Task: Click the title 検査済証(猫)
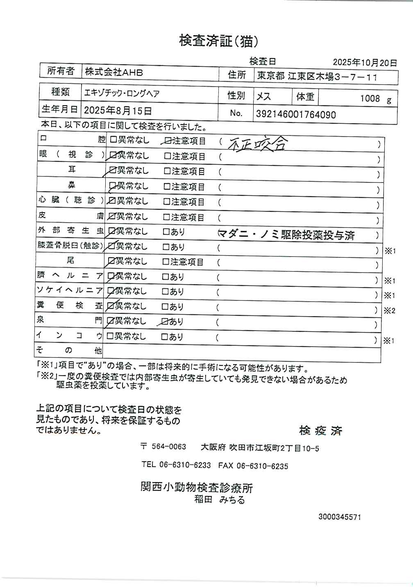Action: pyautogui.click(x=218, y=41)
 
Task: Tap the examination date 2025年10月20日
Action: pyautogui.click(x=365, y=63)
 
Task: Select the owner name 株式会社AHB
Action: pyautogui.click(x=114, y=73)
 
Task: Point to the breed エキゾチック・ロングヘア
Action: pyautogui.click(x=122, y=93)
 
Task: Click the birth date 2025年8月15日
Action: pyautogui.click(x=118, y=111)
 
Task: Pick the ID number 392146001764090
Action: pyautogui.click(x=296, y=115)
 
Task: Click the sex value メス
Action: pyautogui.click(x=263, y=97)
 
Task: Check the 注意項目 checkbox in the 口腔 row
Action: pyautogui.click(x=167, y=141)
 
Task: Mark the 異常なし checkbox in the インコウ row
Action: pyautogui.click(x=110, y=337)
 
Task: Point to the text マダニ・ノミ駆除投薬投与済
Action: pyautogui.click(x=286, y=235)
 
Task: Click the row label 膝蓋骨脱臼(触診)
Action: pyautogui.click(x=69, y=246)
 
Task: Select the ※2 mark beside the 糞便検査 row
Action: pyautogui.click(x=389, y=310)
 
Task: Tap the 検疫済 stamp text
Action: pyautogui.click(x=320, y=431)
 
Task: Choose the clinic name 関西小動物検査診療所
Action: pyautogui.click(x=197, y=487)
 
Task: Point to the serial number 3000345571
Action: pyautogui.click(x=340, y=517)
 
